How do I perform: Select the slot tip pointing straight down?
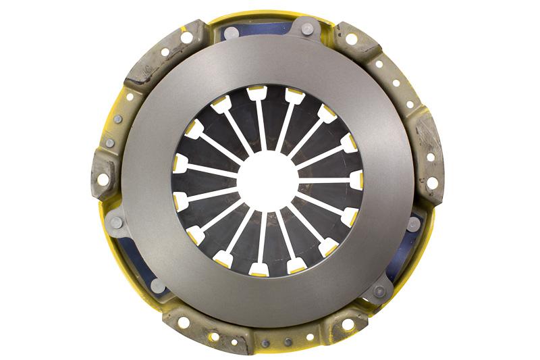click(x=259, y=269)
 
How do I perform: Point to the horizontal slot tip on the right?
click(x=356, y=180)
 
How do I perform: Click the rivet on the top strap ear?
click(x=307, y=29)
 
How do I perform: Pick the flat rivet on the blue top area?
click(x=230, y=32)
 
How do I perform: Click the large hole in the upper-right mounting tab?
click(x=351, y=39)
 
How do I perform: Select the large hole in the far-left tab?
click(x=103, y=180)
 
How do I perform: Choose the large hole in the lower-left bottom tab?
click(x=184, y=322)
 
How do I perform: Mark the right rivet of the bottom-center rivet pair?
click(x=288, y=342)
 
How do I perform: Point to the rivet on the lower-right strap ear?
click(x=379, y=292)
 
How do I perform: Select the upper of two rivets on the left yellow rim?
click(x=118, y=119)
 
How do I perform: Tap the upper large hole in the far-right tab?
click(x=430, y=157)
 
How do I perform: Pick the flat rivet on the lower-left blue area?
click(x=157, y=285)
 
